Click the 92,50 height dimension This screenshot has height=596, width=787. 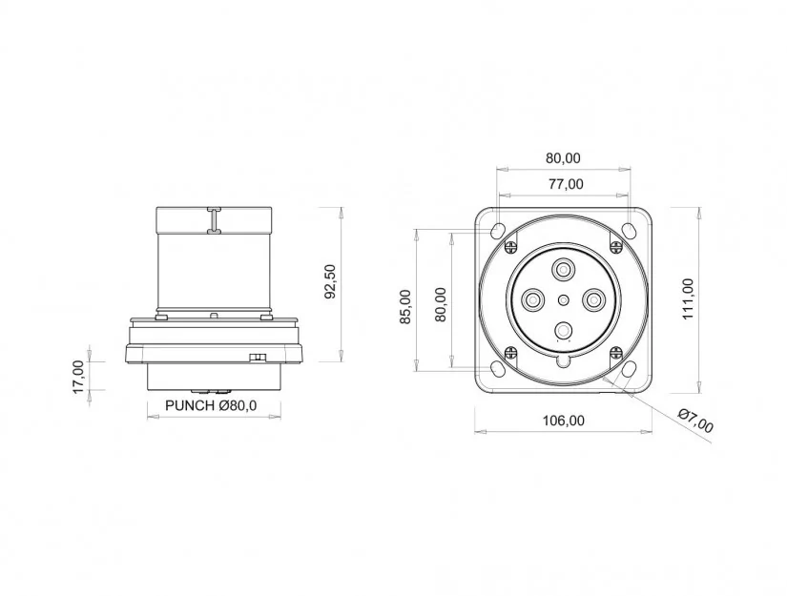[330, 281]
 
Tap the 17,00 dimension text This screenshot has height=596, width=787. [79, 377]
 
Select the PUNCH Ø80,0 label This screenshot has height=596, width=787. [211, 405]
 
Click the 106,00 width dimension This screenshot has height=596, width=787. [564, 421]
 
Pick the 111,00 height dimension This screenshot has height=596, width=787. [688, 299]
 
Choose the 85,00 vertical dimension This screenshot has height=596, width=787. [405, 306]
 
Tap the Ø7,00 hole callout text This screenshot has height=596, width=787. [695, 421]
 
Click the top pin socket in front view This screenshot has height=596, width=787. [564, 271]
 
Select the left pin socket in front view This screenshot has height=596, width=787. [533, 301]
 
